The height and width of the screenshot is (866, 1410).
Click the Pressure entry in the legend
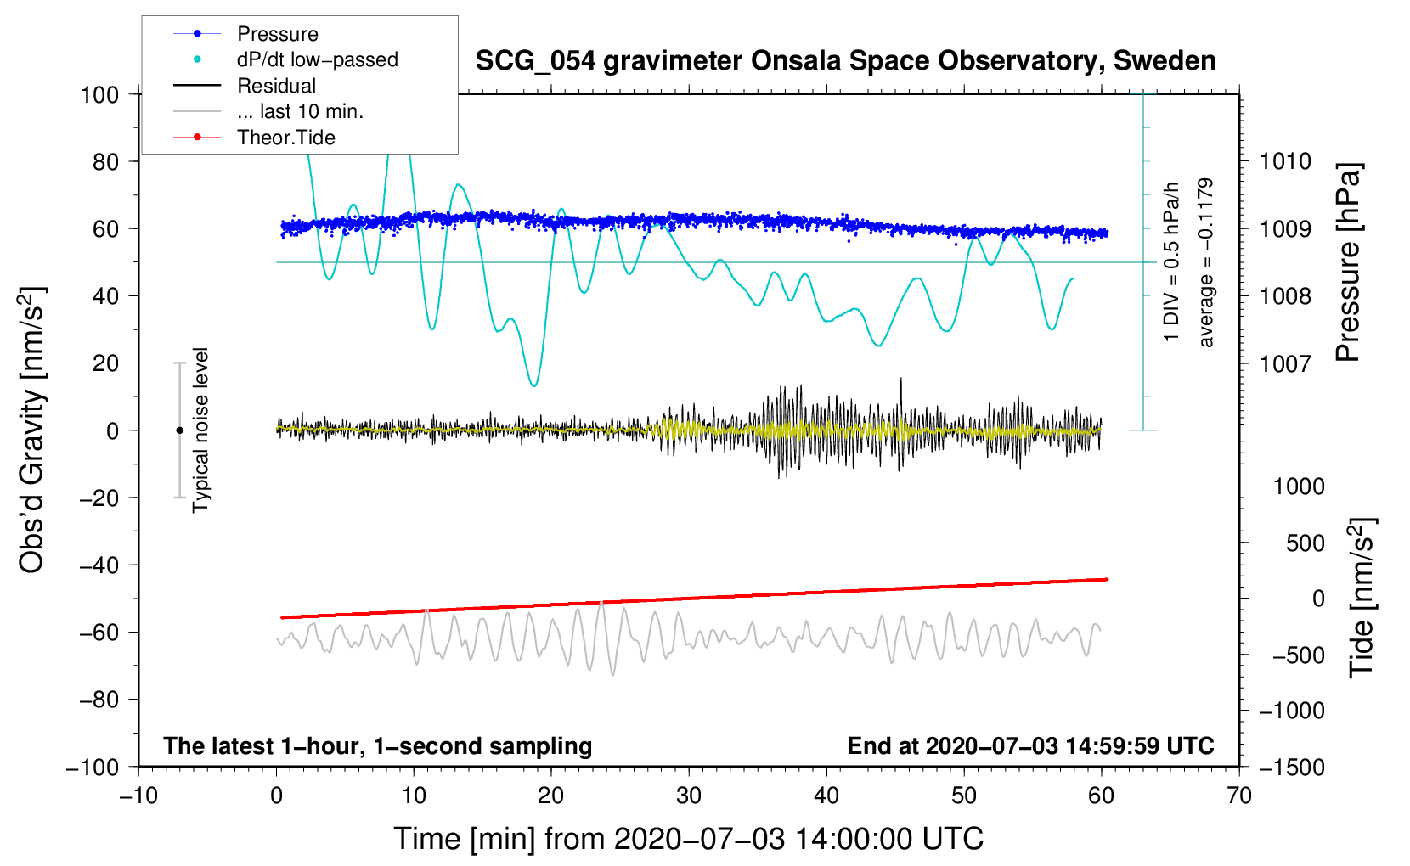[x=277, y=34]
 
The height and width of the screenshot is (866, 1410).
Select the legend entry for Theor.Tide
[x=285, y=138]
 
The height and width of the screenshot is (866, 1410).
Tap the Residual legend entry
[x=276, y=86]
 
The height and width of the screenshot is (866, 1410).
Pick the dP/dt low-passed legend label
[x=317, y=59]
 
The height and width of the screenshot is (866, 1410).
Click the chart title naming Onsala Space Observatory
[x=845, y=61]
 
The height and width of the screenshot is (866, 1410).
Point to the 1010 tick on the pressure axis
[x=1285, y=161]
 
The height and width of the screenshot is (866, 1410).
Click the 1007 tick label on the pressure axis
[x=1285, y=363]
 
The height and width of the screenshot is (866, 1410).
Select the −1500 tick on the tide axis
[x=1291, y=767]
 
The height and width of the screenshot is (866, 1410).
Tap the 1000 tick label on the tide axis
[x=1298, y=486]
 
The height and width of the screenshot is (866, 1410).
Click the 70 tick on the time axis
[x=1239, y=796]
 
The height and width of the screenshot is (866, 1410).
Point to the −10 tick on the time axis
[x=138, y=796]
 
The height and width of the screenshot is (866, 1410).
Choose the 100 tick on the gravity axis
[x=99, y=94]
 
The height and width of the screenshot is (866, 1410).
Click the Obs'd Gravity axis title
[x=32, y=430]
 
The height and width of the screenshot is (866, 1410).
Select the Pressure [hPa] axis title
[x=1349, y=262]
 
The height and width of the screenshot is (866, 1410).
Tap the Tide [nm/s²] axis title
[x=1361, y=598]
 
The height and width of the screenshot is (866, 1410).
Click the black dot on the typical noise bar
[x=179, y=430]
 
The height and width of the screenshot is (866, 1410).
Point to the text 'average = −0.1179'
[x=1205, y=262]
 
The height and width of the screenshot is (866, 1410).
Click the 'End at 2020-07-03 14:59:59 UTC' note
[x=1030, y=746]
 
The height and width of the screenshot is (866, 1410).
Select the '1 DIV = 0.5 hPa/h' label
[x=1172, y=262]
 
